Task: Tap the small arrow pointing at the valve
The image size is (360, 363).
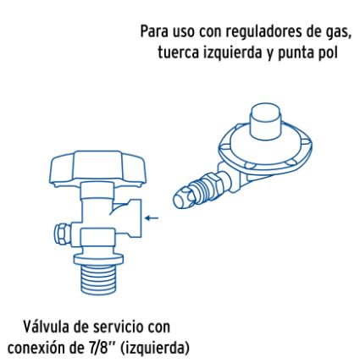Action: click(152, 217)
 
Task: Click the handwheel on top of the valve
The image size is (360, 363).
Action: click(86, 168)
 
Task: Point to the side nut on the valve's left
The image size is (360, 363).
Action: click(58, 232)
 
